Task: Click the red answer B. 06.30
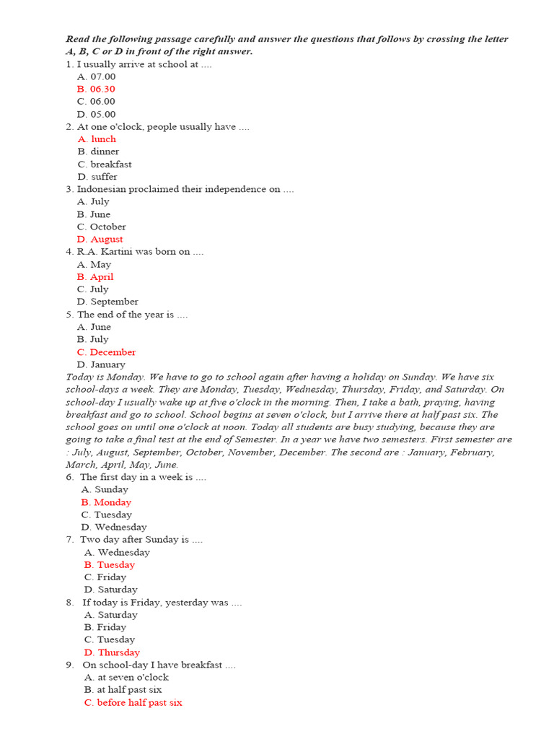96,89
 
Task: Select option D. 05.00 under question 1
96,114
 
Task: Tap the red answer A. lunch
97,139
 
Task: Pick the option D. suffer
97,177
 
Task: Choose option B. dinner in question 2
98,152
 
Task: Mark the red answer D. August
100,239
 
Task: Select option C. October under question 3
102,227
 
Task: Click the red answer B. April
95,277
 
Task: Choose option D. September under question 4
107,302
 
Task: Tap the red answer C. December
107,352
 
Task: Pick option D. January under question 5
102,364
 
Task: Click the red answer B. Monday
107,502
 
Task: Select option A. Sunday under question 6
105,489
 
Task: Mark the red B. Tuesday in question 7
110,565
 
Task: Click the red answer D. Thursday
112,652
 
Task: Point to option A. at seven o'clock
126,678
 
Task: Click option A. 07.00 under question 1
96,76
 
